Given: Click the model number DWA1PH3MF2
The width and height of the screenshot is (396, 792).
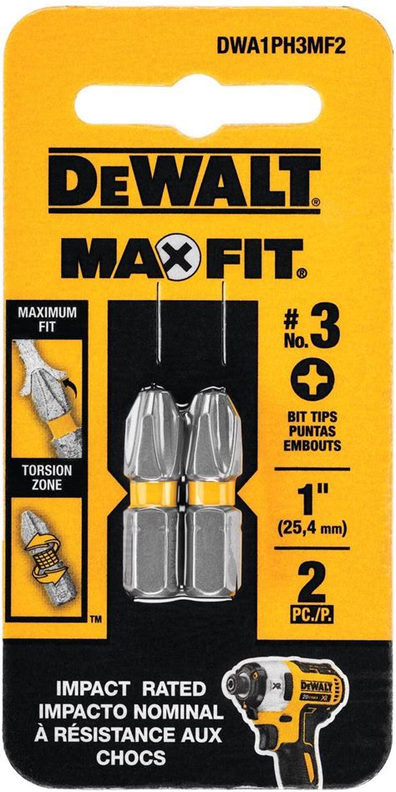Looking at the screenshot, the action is [x=282, y=46].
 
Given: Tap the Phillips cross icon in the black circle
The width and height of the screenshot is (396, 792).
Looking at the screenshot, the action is [x=312, y=379].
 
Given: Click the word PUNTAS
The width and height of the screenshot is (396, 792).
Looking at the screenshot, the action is [x=312, y=433].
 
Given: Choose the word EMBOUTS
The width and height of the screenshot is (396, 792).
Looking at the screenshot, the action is [x=312, y=446].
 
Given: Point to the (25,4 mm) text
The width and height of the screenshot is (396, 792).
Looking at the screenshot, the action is [x=312, y=530].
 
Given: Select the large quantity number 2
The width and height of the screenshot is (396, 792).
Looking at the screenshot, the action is [x=312, y=579].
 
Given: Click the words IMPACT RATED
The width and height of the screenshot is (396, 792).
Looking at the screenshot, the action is [x=130, y=688].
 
